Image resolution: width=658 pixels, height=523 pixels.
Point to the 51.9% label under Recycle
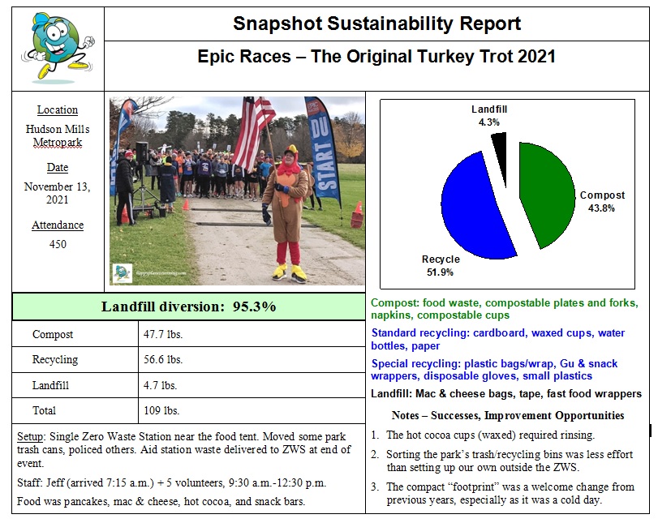tap(441, 272)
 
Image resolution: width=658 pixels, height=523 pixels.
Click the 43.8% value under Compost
tap(602, 208)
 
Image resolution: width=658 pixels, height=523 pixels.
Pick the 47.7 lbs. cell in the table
tap(163, 334)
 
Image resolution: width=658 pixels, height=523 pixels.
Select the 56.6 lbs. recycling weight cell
tap(163, 359)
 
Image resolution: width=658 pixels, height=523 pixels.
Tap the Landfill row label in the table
tap(49, 385)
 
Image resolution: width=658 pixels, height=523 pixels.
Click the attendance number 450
tap(58, 244)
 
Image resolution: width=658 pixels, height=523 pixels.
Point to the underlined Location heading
tap(58, 109)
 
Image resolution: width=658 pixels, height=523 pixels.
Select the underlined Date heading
tap(58, 168)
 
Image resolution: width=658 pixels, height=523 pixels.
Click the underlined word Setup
tap(31, 437)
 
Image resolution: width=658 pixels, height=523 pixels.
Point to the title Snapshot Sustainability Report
tap(376, 23)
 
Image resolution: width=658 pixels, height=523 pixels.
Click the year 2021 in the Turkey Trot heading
tap(533, 57)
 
